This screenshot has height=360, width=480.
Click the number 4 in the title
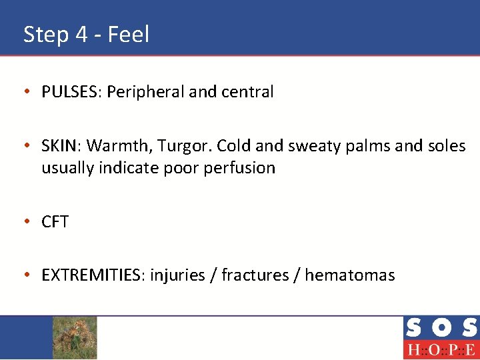tap(81, 34)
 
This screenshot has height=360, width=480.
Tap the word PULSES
tap(70, 92)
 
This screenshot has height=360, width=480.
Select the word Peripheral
tap(145, 92)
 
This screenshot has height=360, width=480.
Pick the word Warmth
tap(115, 145)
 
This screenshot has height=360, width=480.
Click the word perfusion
tap(241, 168)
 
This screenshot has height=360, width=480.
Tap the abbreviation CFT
tap(55, 221)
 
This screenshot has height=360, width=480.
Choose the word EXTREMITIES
tap(93, 275)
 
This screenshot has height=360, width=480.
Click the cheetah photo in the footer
tap(75, 337)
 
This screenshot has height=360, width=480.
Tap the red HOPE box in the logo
tap(441, 349)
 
